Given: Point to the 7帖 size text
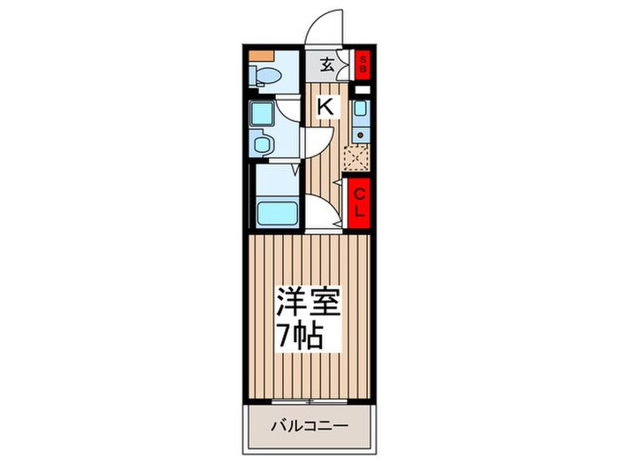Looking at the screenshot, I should (302, 337).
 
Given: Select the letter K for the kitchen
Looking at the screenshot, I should (325, 107).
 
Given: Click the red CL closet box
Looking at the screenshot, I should (361, 202).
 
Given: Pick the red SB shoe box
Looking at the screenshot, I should (361, 63).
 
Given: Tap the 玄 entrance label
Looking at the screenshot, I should (326, 64).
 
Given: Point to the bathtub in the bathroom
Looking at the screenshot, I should (274, 213).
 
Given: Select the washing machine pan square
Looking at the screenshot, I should (263, 114).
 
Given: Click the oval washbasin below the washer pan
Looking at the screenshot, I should (263, 142).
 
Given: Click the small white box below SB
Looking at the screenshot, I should (361, 89).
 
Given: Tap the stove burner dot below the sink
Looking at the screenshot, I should (360, 134).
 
